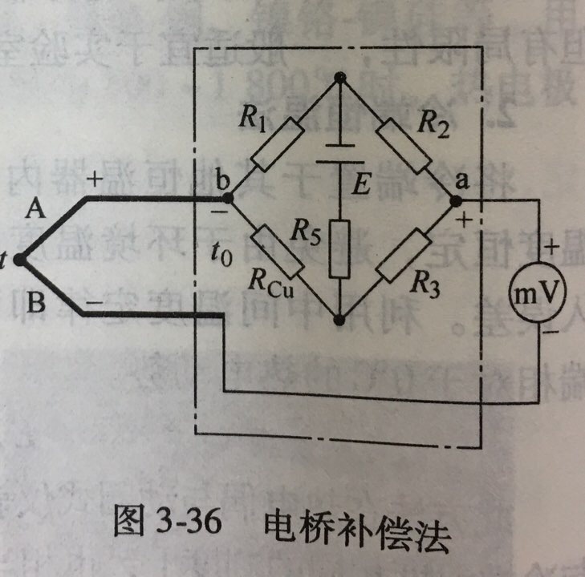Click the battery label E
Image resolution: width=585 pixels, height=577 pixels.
(362, 186)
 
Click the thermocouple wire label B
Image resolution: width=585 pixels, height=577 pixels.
(36, 304)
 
